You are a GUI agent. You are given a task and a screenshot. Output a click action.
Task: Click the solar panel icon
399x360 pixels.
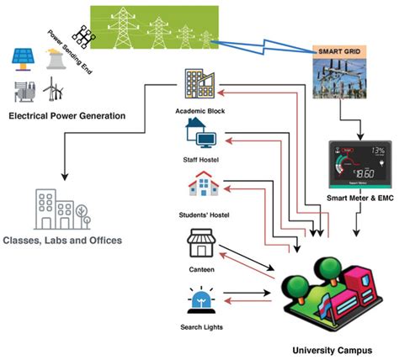tap(22, 57)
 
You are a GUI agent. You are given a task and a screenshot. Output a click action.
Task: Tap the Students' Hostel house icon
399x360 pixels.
tap(201, 183)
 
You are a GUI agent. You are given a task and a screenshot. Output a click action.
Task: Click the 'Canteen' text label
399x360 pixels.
tap(201, 270)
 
